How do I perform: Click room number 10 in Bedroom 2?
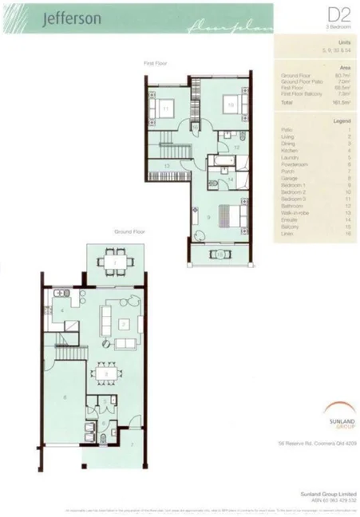[230, 105]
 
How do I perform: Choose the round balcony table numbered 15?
[219, 254]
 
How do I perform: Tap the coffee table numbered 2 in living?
[124, 323]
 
